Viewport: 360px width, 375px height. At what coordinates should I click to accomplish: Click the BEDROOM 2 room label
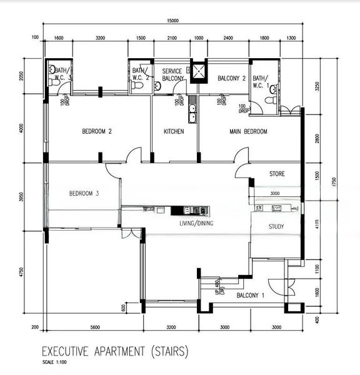(x=97, y=132)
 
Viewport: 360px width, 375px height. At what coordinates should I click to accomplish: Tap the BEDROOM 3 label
(x=84, y=193)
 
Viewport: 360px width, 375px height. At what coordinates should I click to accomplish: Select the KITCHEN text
(x=174, y=132)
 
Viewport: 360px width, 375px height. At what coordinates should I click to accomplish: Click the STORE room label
(x=277, y=173)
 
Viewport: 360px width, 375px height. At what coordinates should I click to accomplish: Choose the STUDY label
(x=276, y=226)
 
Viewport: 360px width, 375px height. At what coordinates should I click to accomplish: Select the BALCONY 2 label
(x=231, y=79)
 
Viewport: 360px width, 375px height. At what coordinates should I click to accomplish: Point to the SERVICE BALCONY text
(x=173, y=75)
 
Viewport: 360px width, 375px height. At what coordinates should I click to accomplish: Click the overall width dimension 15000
(x=172, y=21)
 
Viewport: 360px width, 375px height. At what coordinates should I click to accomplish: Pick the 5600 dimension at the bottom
(x=95, y=327)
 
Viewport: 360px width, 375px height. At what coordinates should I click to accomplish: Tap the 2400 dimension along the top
(x=227, y=38)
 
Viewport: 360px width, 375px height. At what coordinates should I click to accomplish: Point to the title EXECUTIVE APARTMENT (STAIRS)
(x=114, y=351)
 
